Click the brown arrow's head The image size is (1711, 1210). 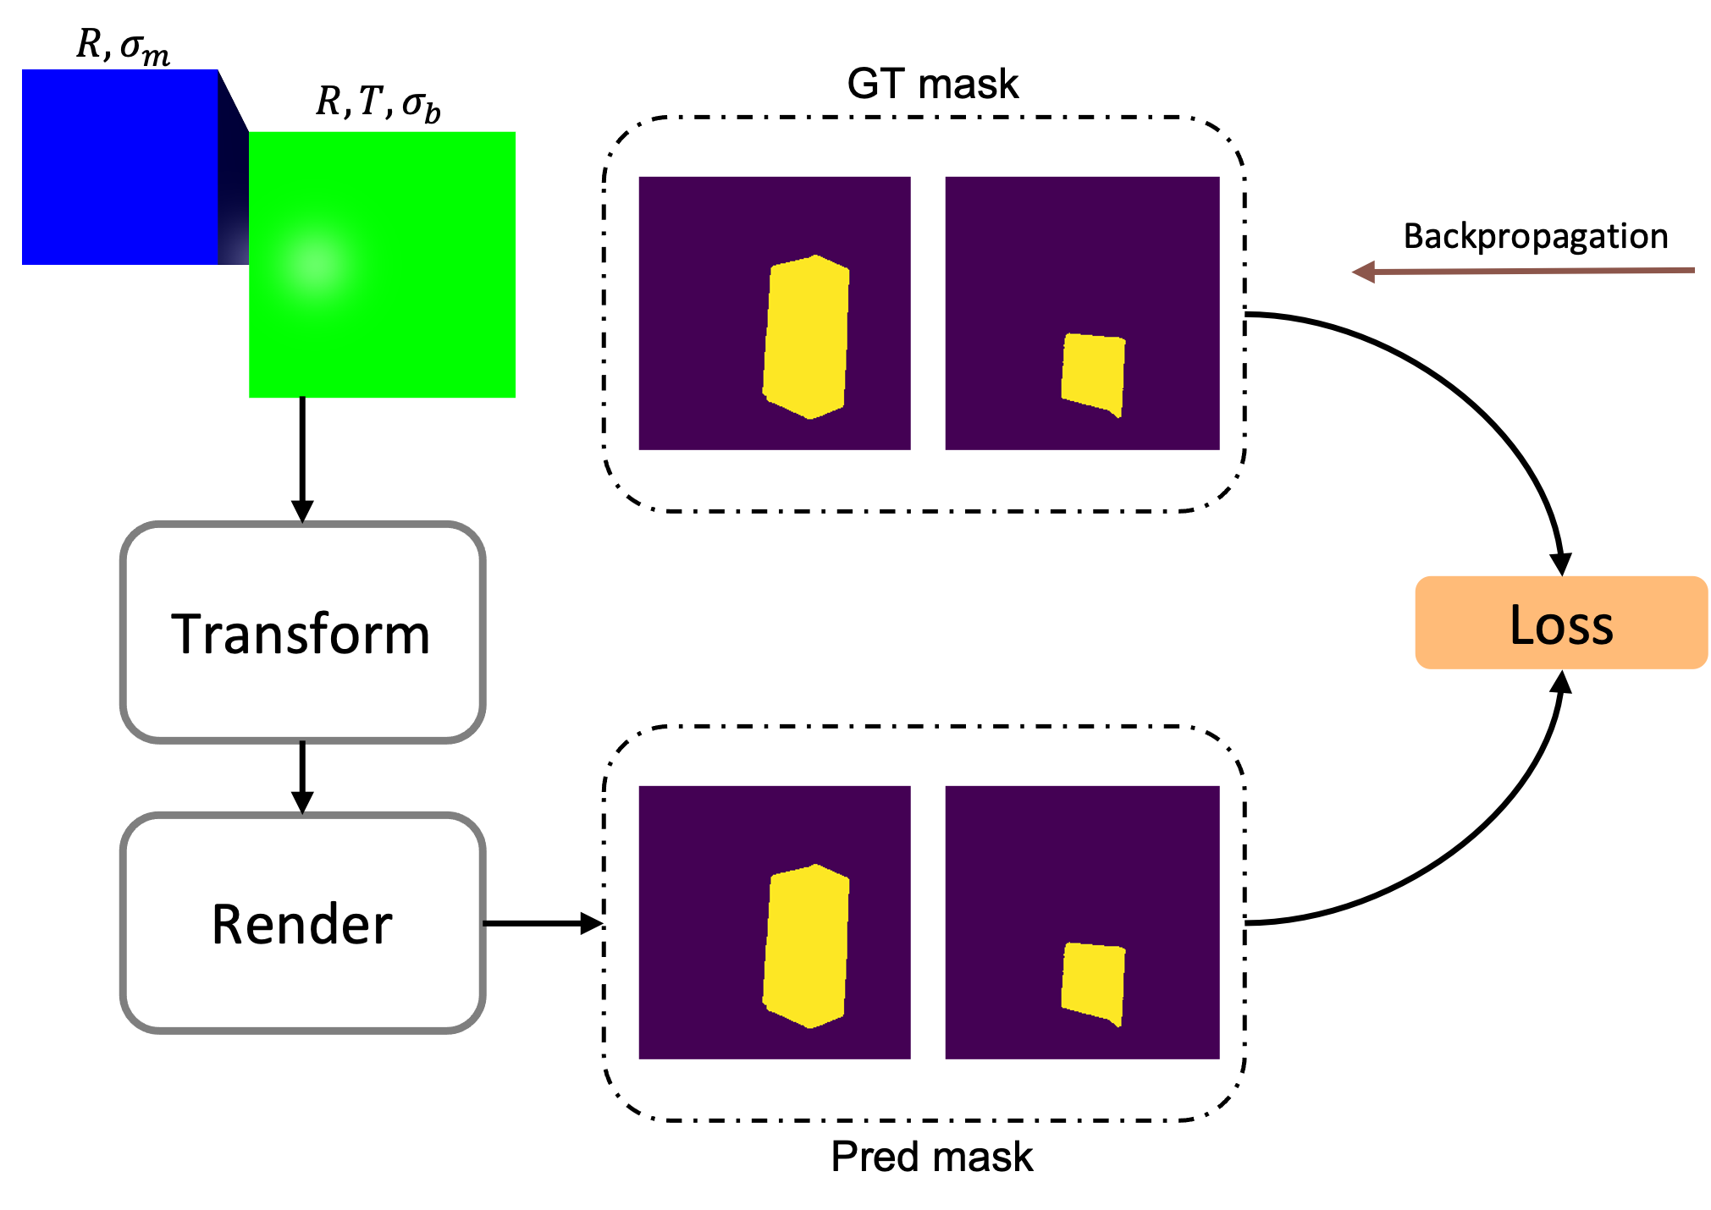tap(1362, 272)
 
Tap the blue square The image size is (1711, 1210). tap(119, 167)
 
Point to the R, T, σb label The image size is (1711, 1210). tap(378, 103)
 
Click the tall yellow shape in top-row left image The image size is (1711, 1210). tap(806, 337)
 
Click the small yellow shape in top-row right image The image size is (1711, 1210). tap(1093, 372)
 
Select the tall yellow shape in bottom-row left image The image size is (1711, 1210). tap(806, 946)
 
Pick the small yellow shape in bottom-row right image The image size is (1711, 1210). tap(1093, 982)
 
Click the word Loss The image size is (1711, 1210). tap(1561, 625)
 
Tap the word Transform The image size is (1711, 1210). tap(301, 634)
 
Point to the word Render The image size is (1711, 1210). tap(301, 924)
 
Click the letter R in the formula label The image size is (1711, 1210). tap(328, 102)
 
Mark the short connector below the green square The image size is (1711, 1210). tap(302, 402)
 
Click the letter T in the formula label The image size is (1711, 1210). tap(370, 101)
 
